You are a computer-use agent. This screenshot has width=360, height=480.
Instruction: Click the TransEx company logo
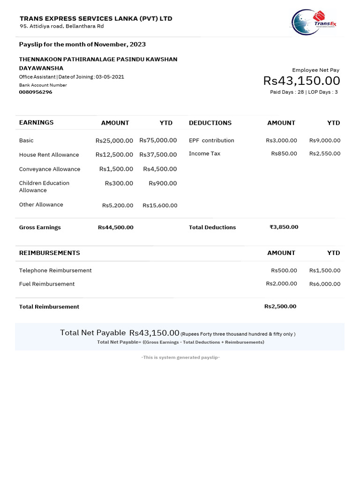(x=314, y=22)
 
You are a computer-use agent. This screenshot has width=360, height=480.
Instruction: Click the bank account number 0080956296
(x=36, y=92)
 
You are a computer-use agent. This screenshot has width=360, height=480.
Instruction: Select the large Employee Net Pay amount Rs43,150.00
(x=301, y=81)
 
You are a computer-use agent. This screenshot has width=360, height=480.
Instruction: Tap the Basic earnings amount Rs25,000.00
(x=114, y=141)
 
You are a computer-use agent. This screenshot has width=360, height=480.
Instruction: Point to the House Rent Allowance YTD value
(x=158, y=155)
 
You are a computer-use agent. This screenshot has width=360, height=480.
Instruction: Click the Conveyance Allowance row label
(x=50, y=169)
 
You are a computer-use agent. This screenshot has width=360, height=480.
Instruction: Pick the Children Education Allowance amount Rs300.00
(x=119, y=183)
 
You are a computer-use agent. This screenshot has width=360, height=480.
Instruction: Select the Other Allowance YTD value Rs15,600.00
(x=160, y=205)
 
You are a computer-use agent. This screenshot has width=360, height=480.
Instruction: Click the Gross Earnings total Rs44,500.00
(x=115, y=227)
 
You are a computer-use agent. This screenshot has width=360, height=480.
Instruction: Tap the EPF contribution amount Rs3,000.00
(x=281, y=141)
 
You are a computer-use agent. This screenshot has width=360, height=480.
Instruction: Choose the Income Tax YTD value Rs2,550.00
(x=325, y=154)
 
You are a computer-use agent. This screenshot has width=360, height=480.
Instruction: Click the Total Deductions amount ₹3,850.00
(x=284, y=227)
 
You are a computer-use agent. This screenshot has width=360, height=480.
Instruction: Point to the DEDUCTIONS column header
(x=210, y=123)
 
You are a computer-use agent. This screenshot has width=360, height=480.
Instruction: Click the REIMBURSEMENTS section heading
(x=49, y=253)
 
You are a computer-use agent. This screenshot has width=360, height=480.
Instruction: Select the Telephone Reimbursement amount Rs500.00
(x=284, y=270)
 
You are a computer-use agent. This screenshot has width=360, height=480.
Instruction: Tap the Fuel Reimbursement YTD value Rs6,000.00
(x=325, y=284)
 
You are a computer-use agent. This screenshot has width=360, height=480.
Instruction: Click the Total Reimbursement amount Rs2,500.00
(x=280, y=307)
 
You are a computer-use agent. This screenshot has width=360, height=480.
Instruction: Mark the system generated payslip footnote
(x=180, y=358)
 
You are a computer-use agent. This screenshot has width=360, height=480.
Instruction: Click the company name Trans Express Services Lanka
(x=96, y=19)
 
